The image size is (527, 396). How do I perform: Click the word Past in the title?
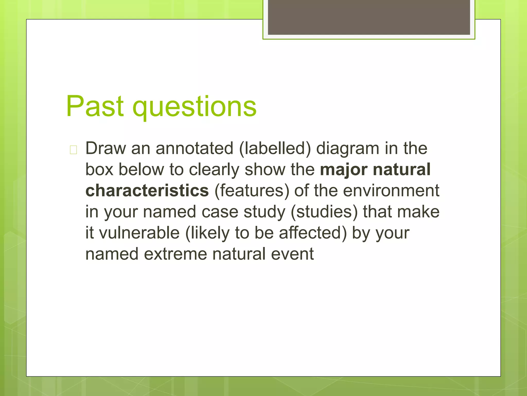[x=95, y=106]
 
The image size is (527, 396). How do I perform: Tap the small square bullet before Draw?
[x=73, y=150]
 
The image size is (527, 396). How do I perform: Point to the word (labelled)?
[x=275, y=149]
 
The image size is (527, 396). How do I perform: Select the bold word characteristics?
[x=147, y=191]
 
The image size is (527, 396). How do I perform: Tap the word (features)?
[x=252, y=191]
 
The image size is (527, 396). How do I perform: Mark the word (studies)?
[x=324, y=212]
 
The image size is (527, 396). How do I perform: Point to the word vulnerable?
[x=139, y=233]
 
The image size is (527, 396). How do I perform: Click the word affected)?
[x=313, y=233]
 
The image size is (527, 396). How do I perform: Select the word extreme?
[x=175, y=254]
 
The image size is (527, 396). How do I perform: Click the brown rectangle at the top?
[x=369, y=17]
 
